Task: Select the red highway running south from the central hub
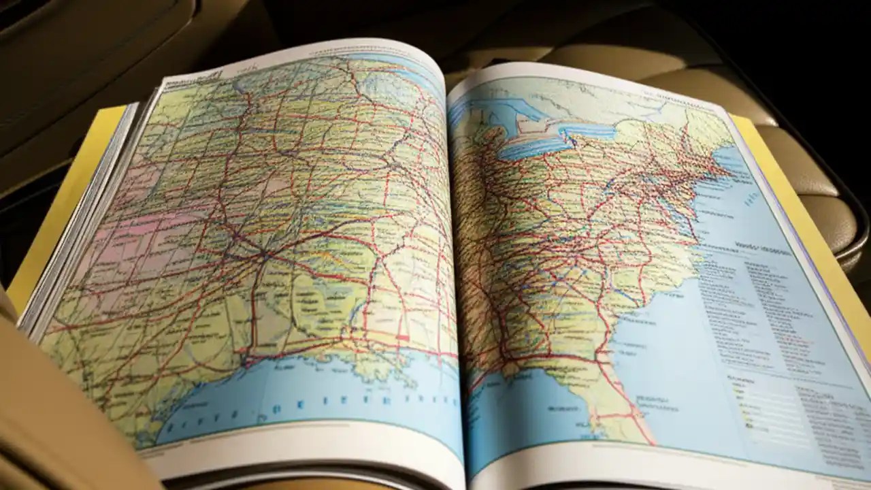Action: [x=254, y=306]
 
